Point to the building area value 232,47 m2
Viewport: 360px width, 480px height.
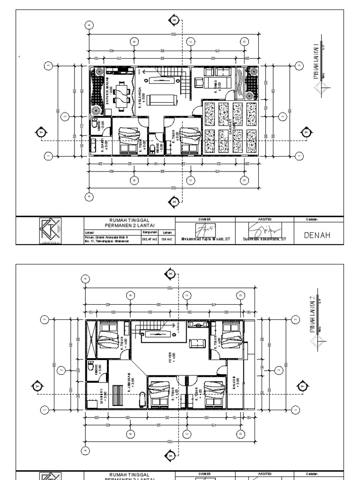click(x=149, y=239)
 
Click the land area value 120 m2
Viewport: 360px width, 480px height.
click(x=166, y=239)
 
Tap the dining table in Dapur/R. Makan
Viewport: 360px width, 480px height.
click(x=120, y=94)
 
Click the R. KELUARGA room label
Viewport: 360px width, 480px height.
click(x=141, y=98)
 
